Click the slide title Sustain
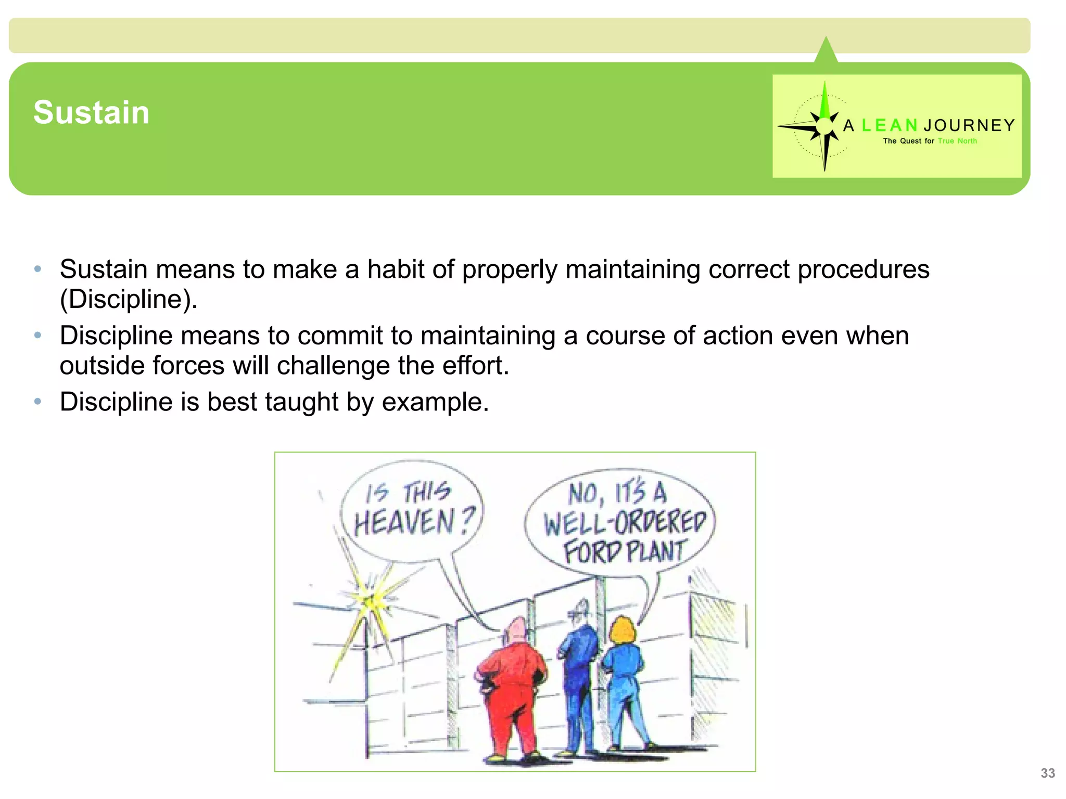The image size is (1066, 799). [92, 112]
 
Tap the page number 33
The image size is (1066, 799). [1047, 773]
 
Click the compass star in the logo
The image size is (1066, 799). [823, 126]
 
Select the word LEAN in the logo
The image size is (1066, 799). [889, 125]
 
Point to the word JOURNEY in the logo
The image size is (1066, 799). [969, 125]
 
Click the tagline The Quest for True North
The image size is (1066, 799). [930, 141]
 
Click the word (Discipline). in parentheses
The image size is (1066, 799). [129, 299]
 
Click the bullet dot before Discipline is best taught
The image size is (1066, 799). [37, 402]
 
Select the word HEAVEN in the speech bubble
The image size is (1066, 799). [404, 522]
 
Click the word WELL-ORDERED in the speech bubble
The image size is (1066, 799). [625, 522]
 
